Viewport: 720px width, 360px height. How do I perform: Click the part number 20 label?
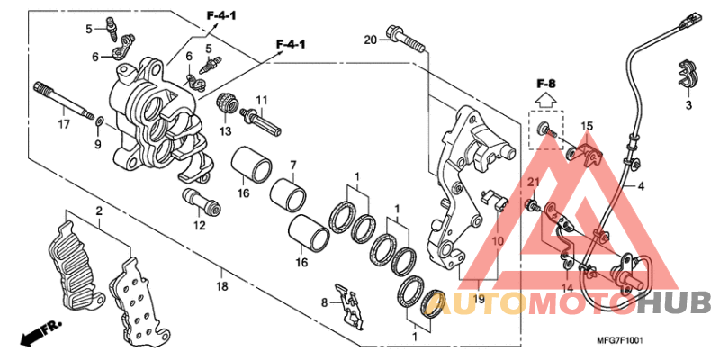coord(370,40)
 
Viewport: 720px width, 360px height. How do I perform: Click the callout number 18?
coord(222,285)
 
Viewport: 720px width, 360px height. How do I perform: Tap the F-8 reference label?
coord(546,85)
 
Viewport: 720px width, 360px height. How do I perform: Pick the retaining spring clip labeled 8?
coord(347,302)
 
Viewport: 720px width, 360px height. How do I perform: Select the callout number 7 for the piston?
coord(292,165)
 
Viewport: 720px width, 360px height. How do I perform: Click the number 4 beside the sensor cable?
coord(641,187)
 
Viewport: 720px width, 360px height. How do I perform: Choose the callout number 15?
coord(586,125)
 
